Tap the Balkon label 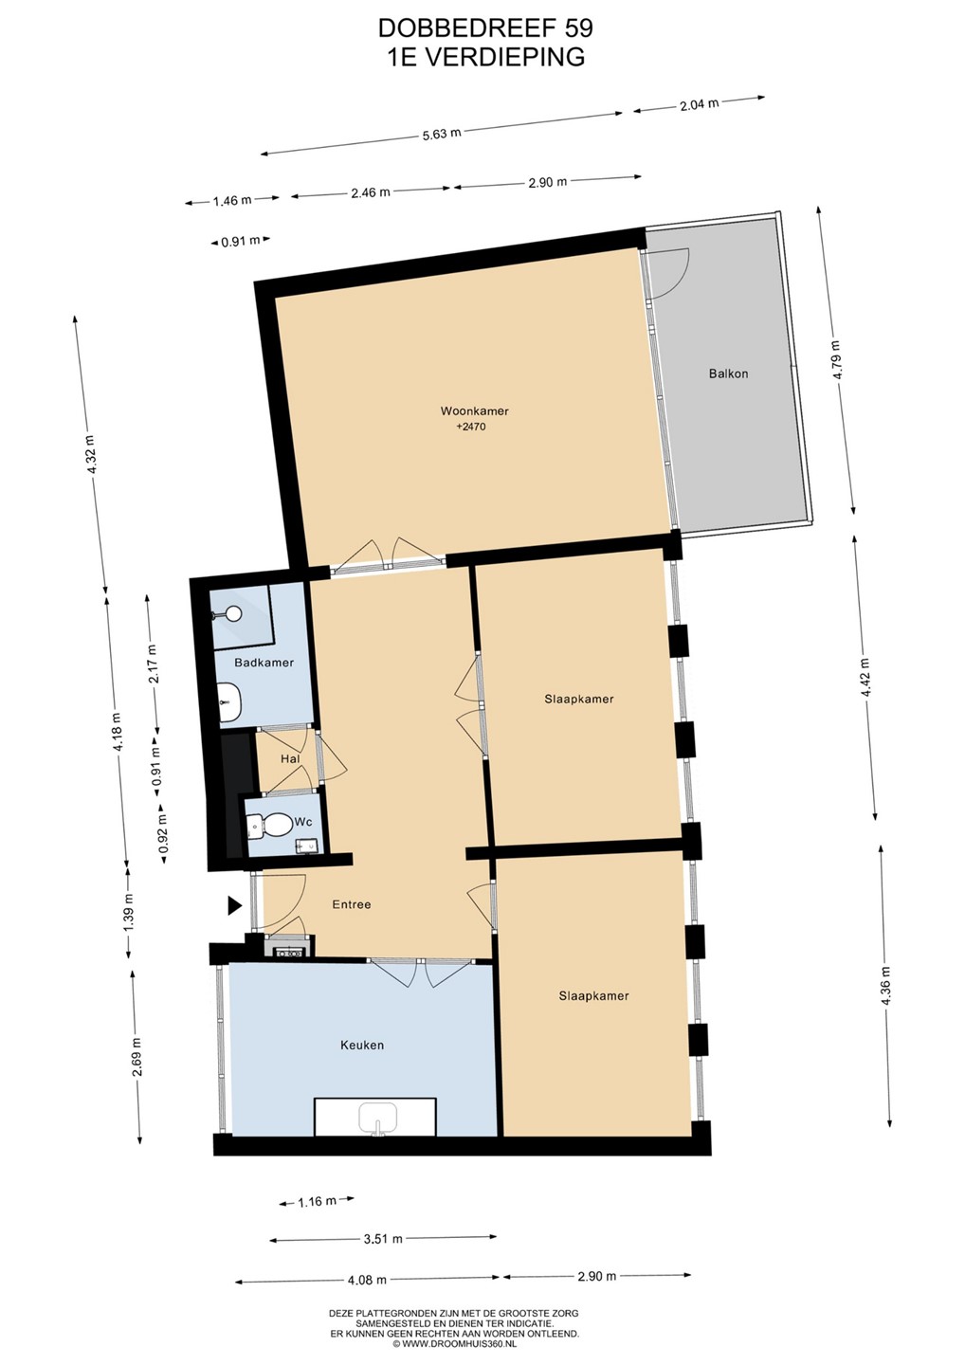point(728,373)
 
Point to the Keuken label point(362,1045)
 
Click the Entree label point(352,904)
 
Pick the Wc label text point(303,822)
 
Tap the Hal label point(290,759)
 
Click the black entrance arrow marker point(234,905)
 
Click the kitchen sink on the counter point(377,1119)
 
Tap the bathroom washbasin point(230,701)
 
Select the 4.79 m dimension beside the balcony point(837,360)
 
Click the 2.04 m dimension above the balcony point(699,103)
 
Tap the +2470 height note point(471,428)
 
